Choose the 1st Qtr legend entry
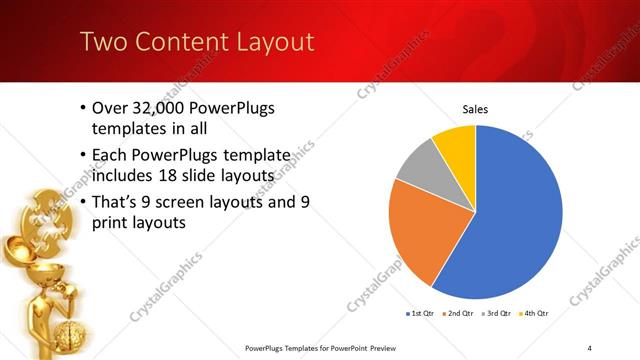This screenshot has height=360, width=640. click(419, 314)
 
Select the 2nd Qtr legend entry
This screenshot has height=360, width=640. click(460, 314)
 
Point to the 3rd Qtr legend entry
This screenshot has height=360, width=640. click(496, 314)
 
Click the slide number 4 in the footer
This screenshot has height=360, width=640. click(589, 348)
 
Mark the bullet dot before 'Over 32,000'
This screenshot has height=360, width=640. click(81, 108)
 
